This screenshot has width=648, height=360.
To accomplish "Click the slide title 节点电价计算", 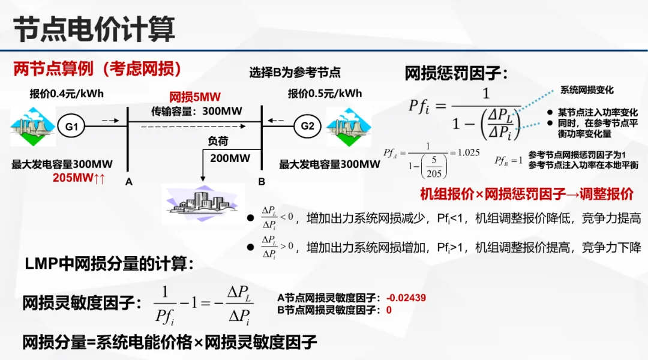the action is tap(95, 28).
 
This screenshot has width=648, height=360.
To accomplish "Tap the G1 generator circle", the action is tap(71, 127).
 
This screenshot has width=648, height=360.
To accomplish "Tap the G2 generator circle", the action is tap(307, 126).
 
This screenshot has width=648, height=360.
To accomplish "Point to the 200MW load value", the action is tap(230, 158).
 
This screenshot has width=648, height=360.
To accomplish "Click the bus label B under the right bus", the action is tap(262, 181).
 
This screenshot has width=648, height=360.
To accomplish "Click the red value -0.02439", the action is tap(406, 297).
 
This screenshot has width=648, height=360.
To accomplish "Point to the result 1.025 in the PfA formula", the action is tap(469, 152).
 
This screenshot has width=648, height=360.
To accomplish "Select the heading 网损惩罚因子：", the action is tap(456, 74).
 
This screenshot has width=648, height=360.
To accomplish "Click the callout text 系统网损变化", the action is tap(587, 90).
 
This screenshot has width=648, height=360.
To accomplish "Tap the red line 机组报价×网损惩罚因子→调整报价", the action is tap(526, 194).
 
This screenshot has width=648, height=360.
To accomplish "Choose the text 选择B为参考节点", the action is tap(295, 73).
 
